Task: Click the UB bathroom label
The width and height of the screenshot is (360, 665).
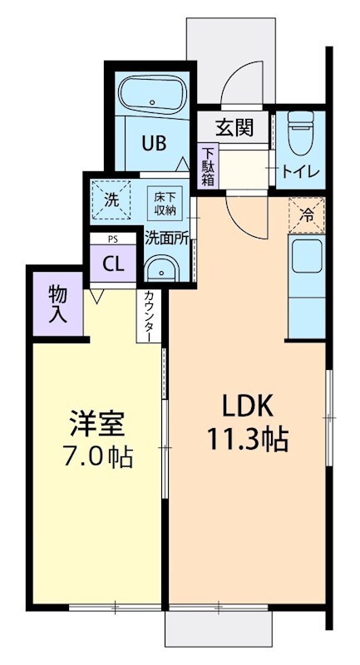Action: tap(153, 142)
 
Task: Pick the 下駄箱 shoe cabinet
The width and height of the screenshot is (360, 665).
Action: tap(208, 166)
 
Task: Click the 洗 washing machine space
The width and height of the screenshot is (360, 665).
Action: tap(112, 199)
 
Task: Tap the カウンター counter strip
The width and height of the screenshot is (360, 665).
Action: tap(148, 316)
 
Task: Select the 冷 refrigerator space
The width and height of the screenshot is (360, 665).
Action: tap(306, 215)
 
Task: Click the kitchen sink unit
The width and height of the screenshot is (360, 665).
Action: tap(306, 260)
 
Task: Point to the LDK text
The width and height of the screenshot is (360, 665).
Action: tap(246, 406)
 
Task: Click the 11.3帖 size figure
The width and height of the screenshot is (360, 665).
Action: tap(247, 440)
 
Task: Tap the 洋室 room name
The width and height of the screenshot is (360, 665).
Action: tap(96, 424)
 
